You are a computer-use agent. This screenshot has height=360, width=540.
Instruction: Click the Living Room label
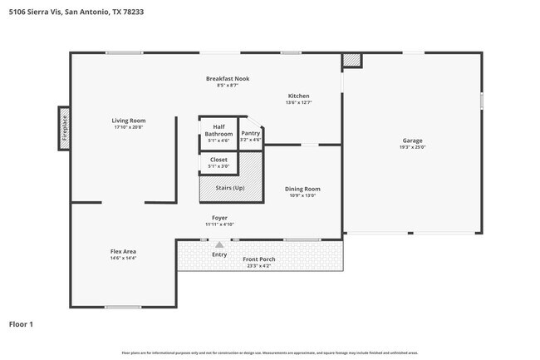click(x=129, y=121)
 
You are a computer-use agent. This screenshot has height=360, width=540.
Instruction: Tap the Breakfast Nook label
click(x=228, y=78)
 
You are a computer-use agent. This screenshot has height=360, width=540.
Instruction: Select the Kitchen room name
click(x=299, y=96)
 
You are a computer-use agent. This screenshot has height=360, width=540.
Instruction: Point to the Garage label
click(x=413, y=141)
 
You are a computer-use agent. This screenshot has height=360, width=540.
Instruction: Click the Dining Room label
click(x=302, y=189)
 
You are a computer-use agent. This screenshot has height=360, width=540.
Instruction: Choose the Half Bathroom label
click(x=219, y=131)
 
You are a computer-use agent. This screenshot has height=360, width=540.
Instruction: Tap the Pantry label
click(x=250, y=133)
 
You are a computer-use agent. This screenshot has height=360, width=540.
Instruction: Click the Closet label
click(x=218, y=160)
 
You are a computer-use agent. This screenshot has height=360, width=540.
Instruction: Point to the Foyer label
click(x=219, y=218)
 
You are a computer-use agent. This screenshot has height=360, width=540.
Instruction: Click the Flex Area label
click(x=123, y=251)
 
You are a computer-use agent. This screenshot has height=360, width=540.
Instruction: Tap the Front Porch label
click(x=259, y=259)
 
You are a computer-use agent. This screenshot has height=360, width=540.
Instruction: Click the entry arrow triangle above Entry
click(x=219, y=244)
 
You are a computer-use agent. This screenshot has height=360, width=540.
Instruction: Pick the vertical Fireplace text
click(x=63, y=129)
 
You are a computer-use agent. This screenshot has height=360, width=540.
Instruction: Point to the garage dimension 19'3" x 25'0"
click(x=413, y=148)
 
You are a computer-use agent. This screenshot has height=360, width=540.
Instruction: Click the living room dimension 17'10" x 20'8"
click(x=129, y=127)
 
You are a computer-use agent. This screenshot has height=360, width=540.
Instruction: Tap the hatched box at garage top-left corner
click(x=352, y=61)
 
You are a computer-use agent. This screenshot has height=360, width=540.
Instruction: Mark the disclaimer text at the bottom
click(x=270, y=353)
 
